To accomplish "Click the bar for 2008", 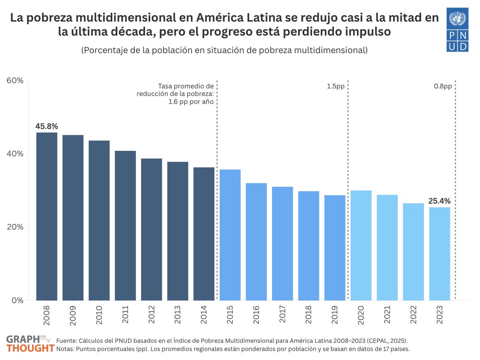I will (47, 216).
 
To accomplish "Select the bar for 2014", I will (204, 234).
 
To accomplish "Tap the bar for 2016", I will (256, 242).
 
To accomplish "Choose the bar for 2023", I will (439, 254).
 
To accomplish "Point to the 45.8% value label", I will (47, 126).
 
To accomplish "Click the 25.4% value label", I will (439, 201).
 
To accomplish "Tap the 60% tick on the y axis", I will (15, 80).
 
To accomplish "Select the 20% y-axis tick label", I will (15, 227).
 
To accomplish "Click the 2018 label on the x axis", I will (308, 315).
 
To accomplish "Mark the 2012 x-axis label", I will (152, 315).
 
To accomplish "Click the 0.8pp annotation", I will (443, 86).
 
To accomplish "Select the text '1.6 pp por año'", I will (191, 102).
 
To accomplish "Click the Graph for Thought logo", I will (30, 344).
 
